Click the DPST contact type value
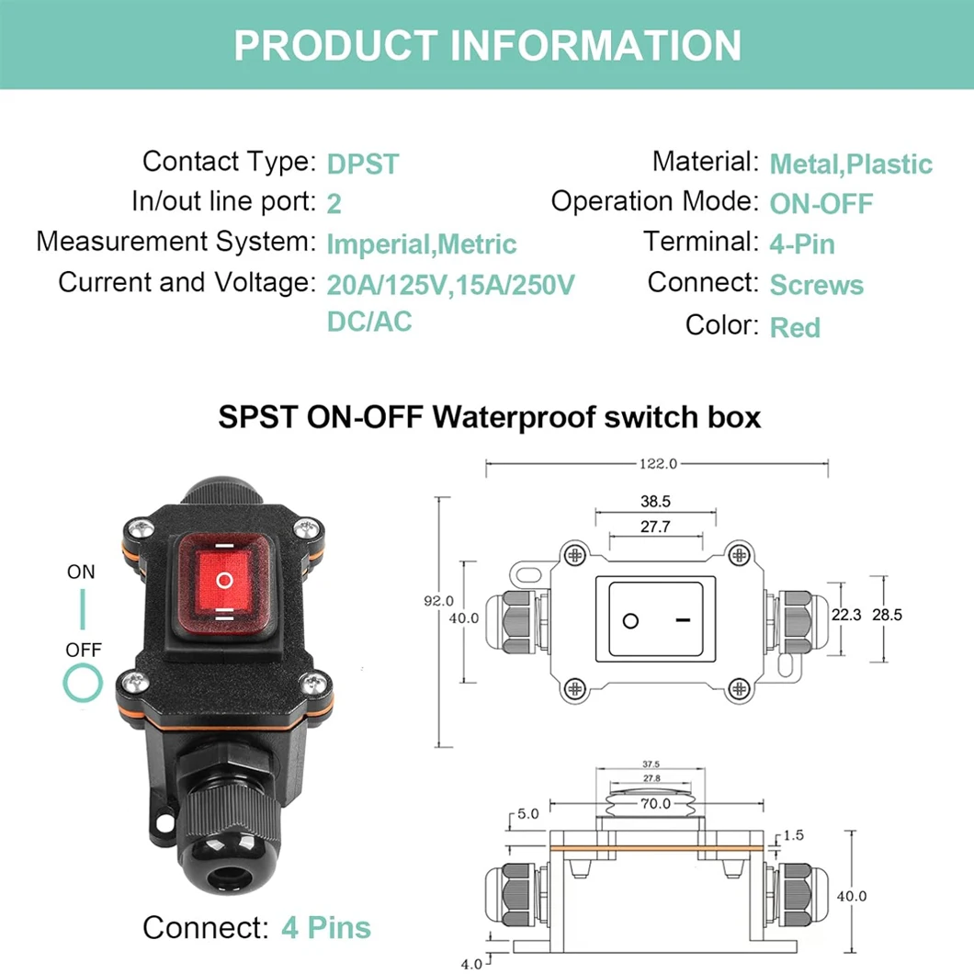363,164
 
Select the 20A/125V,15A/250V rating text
450,285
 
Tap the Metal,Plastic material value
850,164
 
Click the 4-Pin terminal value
801,244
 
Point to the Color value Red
795,327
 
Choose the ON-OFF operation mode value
821,204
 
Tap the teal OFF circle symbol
83,684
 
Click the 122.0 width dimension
657,464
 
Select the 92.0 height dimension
438,601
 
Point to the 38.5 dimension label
654,502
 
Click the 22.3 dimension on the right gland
845,615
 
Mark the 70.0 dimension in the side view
655,804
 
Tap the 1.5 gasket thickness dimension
795,834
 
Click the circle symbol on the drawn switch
630,620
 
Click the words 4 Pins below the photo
326,927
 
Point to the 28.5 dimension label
887,615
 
